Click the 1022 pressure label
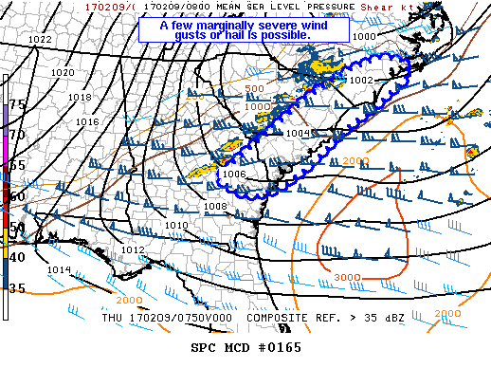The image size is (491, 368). (40, 39)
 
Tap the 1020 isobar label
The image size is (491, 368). (63, 72)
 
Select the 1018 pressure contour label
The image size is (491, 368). (80, 97)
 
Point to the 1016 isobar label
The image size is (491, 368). (87, 121)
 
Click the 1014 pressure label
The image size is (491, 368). (59, 269)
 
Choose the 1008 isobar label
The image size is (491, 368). (215, 206)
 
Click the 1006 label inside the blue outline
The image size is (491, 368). (235, 175)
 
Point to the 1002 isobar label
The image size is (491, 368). (360, 81)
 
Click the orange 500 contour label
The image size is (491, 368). (254, 88)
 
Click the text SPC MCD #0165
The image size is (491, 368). (245, 348)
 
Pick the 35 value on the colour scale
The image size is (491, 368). (17, 287)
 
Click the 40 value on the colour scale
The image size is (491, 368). (17, 257)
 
